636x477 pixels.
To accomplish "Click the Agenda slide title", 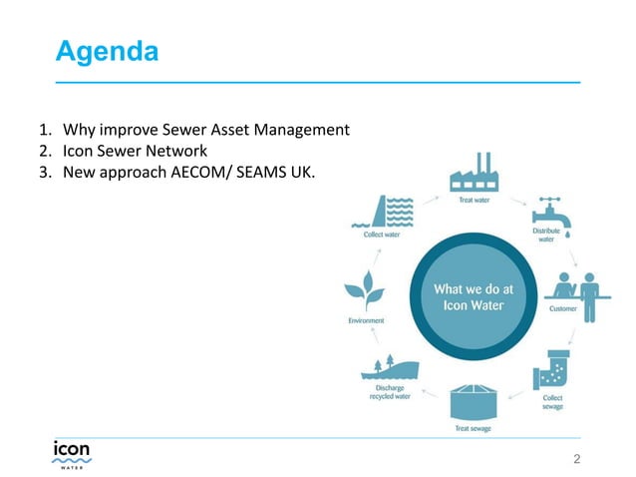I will pos(107,51).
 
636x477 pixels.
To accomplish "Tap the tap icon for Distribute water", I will pos(547,214).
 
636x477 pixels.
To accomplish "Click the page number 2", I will pos(576,459).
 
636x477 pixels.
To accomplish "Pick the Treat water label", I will pos(474,200).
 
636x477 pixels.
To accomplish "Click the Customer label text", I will pos(563,309).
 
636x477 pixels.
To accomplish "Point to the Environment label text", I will pos(366,320).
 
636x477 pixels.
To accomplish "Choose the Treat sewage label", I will pos(473,429).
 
